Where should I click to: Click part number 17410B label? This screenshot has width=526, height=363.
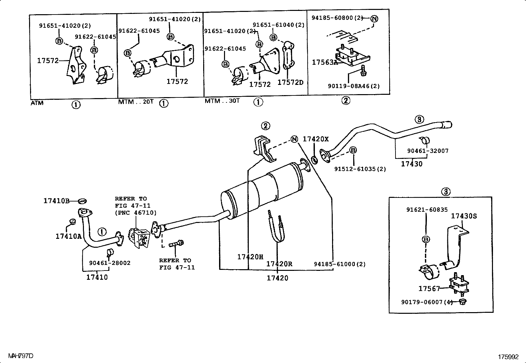(x=56, y=201)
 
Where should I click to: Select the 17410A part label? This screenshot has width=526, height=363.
(x=68, y=236)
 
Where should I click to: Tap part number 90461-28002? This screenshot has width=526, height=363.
(x=110, y=263)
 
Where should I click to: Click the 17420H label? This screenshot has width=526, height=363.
(x=250, y=257)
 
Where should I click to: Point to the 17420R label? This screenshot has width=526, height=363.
(x=279, y=264)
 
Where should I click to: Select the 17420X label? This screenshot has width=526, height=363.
(x=316, y=139)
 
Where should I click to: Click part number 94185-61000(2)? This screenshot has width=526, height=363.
(x=340, y=264)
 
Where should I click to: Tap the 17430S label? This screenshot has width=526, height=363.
(x=464, y=216)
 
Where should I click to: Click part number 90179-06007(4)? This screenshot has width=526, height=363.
(x=427, y=302)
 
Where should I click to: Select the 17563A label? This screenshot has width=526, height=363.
(x=325, y=62)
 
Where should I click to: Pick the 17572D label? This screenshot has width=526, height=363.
(x=290, y=83)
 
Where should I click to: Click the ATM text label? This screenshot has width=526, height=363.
(x=37, y=103)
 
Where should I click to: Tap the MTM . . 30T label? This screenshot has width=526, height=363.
(x=222, y=101)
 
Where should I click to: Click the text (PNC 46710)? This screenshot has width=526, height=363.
(x=136, y=213)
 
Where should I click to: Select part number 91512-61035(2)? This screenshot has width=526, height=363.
(x=360, y=169)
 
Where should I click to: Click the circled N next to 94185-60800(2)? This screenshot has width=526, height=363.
(x=374, y=19)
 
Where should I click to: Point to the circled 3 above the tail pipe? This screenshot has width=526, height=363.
(x=419, y=120)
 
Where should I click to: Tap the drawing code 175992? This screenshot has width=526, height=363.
(x=508, y=357)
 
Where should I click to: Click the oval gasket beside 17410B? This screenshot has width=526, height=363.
(x=82, y=200)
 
